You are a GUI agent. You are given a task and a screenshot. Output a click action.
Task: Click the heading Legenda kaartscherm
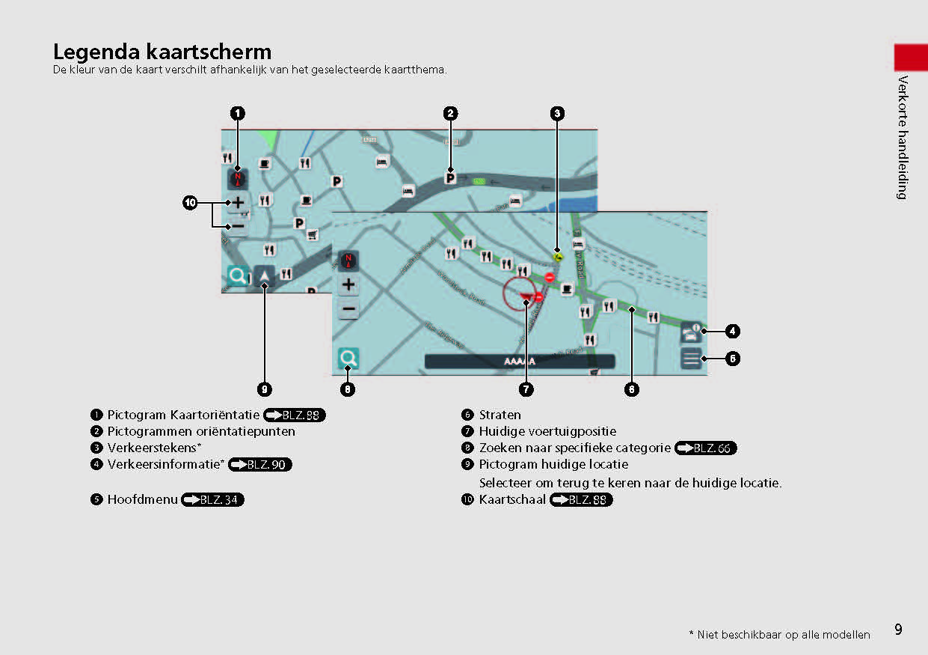point(162,52)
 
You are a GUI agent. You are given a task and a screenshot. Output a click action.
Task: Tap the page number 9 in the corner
point(898,630)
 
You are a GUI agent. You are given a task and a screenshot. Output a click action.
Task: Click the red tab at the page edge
point(910,58)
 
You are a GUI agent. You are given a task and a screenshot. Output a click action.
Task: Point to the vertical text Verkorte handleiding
point(903,137)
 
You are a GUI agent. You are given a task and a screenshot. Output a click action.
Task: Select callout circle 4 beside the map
point(733,330)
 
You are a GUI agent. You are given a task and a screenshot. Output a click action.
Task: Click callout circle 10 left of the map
point(190,202)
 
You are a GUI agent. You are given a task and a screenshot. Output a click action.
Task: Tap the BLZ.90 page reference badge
point(260,465)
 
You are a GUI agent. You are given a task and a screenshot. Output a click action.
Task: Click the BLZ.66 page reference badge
point(705,448)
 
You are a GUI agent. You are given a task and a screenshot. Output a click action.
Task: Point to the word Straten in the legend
point(500,415)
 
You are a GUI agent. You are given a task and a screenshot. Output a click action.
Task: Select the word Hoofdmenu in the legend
point(142,499)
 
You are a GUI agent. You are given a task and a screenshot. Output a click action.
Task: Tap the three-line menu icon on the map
point(692,359)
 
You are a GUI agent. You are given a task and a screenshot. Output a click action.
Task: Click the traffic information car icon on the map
point(691,331)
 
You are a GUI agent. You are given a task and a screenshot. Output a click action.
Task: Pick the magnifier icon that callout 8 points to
point(348,359)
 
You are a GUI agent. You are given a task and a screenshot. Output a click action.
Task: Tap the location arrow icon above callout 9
point(265,276)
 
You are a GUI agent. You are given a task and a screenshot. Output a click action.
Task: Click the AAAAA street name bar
point(520,361)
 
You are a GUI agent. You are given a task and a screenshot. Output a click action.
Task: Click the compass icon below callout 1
point(238,178)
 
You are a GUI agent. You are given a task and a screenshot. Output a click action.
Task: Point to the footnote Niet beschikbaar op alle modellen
point(783,635)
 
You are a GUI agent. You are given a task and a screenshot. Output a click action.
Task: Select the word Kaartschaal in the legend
point(512,499)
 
